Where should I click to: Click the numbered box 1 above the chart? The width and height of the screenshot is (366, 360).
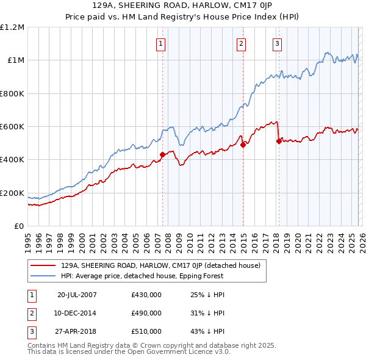tap(160, 43)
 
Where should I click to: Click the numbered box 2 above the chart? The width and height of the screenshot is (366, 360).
tap(241, 43)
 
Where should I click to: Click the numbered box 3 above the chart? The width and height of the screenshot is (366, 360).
tap(277, 43)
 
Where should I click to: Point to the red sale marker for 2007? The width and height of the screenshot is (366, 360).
tap(162, 155)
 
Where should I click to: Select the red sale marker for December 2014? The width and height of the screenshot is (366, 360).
tap(243, 145)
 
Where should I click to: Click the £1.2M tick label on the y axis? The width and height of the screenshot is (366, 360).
tap(12, 27)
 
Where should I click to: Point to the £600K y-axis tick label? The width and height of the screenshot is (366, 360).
tap(12, 127)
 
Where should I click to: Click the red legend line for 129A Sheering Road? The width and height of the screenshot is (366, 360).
tap(43, 265)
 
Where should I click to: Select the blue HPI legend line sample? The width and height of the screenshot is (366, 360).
tap(43, 276)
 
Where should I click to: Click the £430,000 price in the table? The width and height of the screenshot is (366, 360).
tap(146, 294)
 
